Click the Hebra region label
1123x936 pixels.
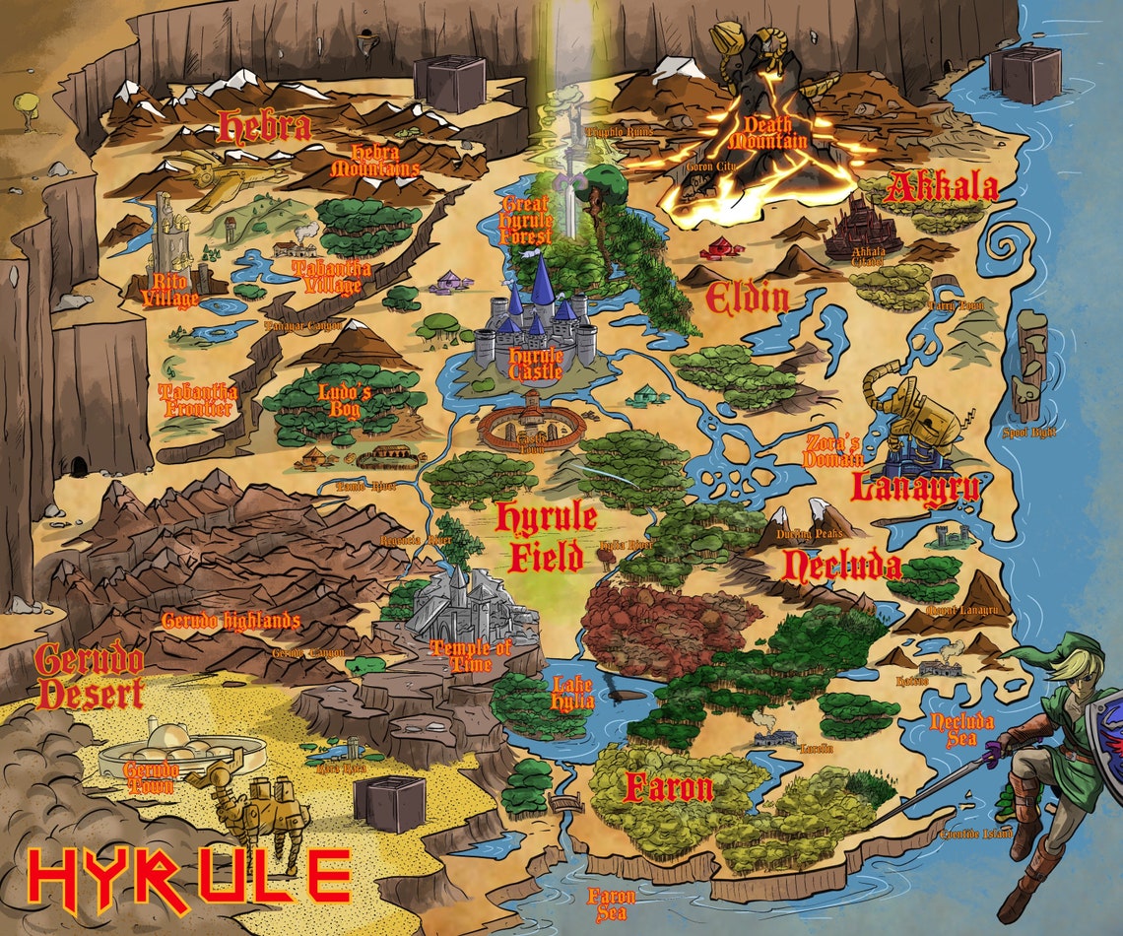(264, 126)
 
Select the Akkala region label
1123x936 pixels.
(941, 187)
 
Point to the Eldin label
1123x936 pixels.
(748, 297)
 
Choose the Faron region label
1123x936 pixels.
(668, 788)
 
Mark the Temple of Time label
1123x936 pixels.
(472, 656)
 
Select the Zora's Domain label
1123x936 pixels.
(833, 451)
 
